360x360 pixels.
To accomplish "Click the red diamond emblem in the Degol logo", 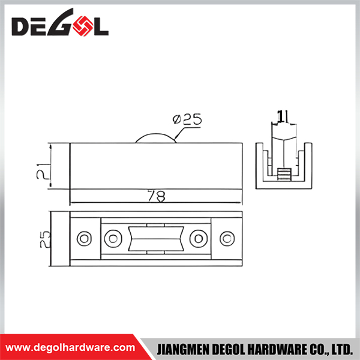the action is point(83,26).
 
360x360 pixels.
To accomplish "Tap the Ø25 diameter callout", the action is point(187,119).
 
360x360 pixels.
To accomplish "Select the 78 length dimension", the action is point(157,196).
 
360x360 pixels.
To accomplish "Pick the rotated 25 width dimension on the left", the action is point(45,239).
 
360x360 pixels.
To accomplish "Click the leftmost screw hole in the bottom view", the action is point(84,239).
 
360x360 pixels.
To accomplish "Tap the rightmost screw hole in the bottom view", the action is point(227,239).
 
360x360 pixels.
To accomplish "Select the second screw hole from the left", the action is point(113,239).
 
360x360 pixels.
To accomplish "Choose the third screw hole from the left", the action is point(199,239).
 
